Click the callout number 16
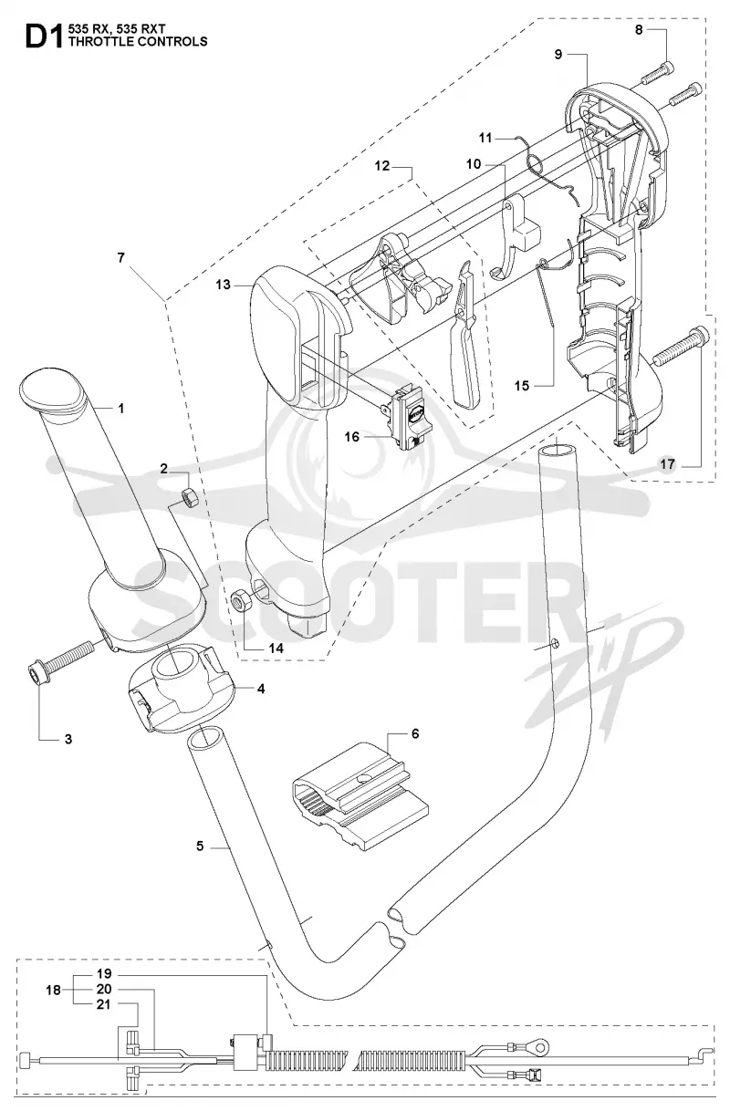[x=351, y=436]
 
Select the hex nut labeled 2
[x=190, y=496]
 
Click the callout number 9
[x=558, y=54]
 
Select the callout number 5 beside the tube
[x=200, y=846]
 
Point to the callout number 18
[x=53, y=990]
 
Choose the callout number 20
[x=104, y=989]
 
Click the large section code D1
[x=44, y=37]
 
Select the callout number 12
[x=382, y=165]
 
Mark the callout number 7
[x=121, y=257]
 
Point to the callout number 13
[x=223, y=285]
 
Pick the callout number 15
[x=522, y=385]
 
